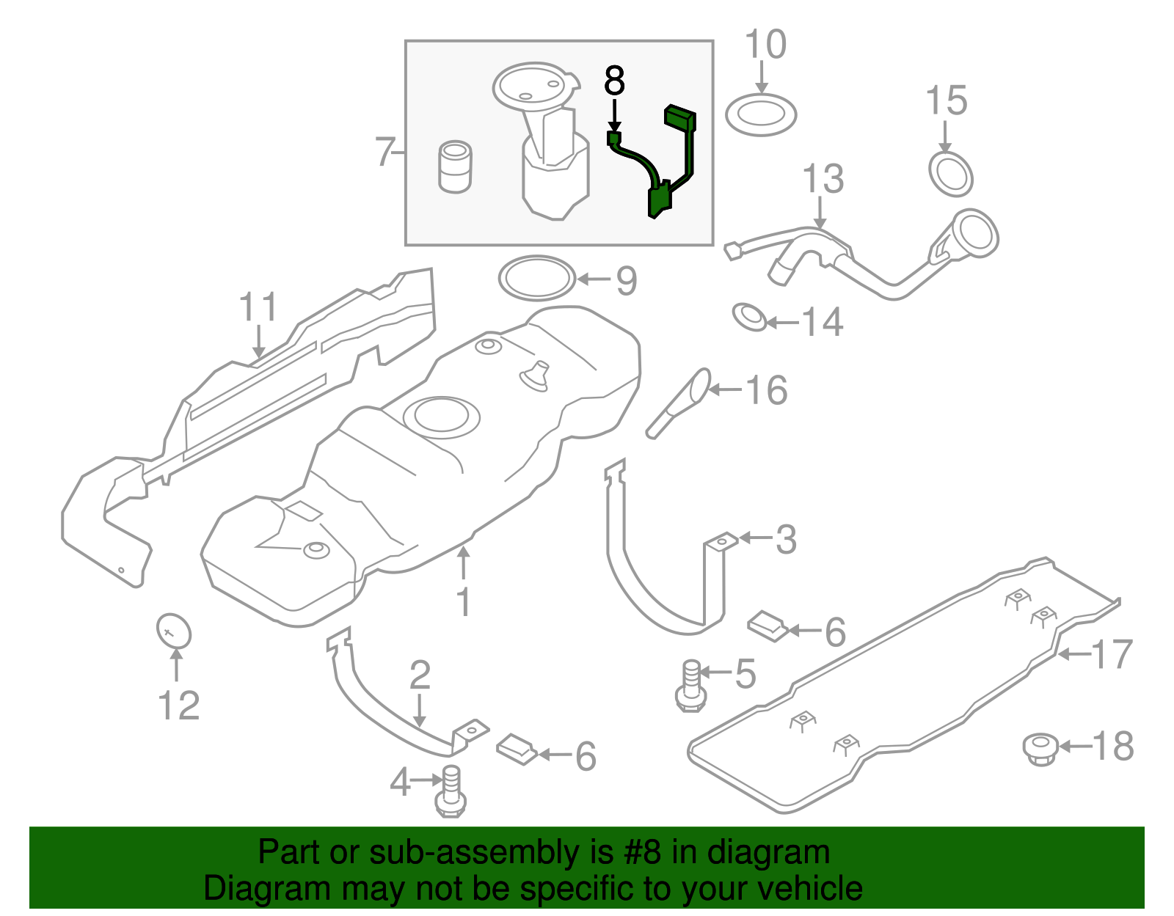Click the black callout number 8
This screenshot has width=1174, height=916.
point(614,81)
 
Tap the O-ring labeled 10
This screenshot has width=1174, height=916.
point(761,115)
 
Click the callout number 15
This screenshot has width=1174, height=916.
point(946,100)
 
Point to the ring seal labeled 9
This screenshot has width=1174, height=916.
point(536,278)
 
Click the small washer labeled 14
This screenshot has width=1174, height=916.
point(751,317)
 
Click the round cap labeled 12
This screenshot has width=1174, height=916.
point(174,631)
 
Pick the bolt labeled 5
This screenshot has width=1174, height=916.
point(690,685)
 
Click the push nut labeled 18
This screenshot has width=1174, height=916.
point(1040,748)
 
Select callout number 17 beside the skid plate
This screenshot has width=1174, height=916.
point(1112,654)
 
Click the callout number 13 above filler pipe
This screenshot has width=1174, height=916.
point(823,180)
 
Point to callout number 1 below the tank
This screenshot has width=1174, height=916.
point(463,602)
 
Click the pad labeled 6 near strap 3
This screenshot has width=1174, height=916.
point(768,626)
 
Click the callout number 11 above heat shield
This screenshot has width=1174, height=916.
point(258,307)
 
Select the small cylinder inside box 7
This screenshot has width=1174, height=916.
point(455,167)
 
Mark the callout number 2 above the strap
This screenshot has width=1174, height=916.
point(420,675)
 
